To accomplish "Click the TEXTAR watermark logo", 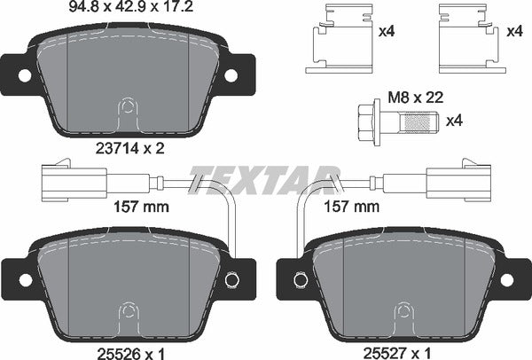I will (x=265, y=176).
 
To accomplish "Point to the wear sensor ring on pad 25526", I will (x=231, y=279).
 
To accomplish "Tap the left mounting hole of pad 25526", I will (x=25, y=279).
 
